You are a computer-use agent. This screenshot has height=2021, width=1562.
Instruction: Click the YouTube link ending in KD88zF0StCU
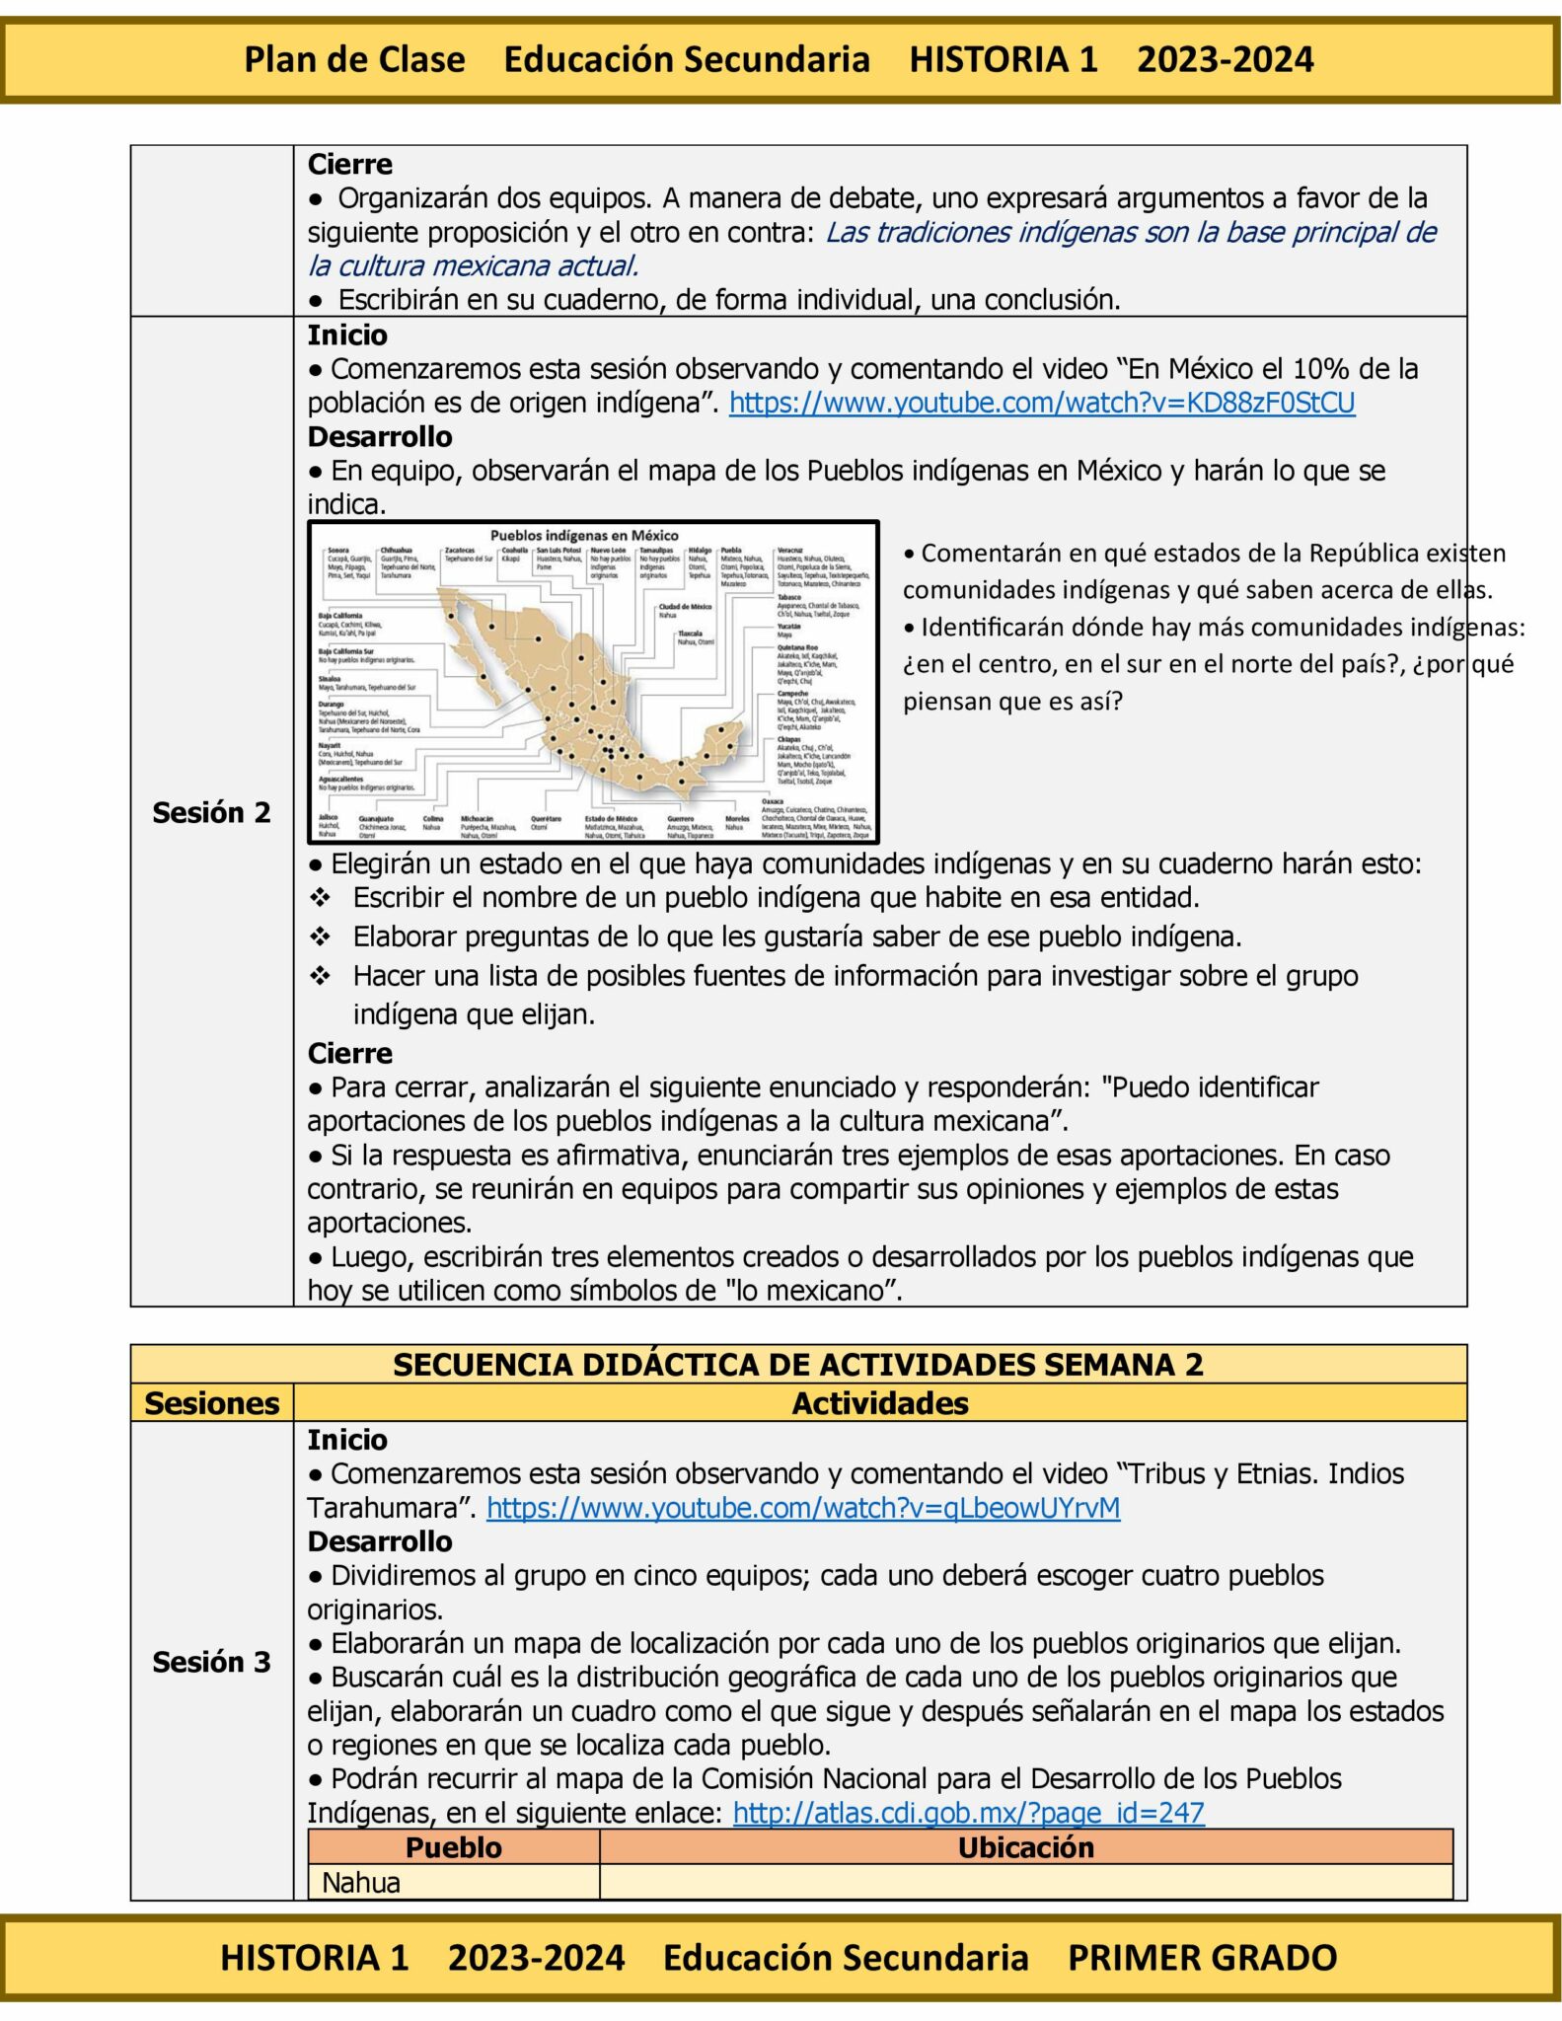coord(1041,403)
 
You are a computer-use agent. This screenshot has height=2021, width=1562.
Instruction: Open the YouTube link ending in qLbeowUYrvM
coord(802,1508)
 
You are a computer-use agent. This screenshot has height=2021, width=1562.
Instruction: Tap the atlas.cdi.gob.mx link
coord(968,1813)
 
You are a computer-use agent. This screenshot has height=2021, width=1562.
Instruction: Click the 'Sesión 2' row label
coord(211,812)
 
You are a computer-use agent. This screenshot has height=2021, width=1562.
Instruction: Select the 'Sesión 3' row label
coord(211,1662)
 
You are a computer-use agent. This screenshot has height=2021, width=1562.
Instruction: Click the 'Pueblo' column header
coord(453,1847)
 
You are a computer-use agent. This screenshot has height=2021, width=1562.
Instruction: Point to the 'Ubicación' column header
coord(1025,1847)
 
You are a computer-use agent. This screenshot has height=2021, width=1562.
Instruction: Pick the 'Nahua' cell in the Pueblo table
coord(361,1883)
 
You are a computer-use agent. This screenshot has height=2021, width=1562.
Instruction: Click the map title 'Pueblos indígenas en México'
coord(584,535)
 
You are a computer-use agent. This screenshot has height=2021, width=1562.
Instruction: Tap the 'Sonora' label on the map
coord(338,550)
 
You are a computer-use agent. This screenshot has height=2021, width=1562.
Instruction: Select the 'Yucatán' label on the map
coord(788,626)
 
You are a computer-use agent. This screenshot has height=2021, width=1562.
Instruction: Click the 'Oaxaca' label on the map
coord(773,801)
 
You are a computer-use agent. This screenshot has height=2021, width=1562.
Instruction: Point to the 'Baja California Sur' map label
coord(345,651)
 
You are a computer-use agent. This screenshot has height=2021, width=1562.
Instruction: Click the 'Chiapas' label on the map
coord(788,738)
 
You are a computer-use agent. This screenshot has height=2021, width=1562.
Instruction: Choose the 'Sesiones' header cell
coord(211,1403)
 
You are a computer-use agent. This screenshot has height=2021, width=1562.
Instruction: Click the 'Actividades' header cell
coord(879,1403)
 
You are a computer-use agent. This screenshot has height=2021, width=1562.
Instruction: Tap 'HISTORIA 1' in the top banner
coord(1003,59)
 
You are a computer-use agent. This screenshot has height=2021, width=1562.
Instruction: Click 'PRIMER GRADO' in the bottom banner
coord(1202,1957)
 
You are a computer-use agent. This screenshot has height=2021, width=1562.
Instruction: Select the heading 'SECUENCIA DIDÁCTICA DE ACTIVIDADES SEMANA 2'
coord(797,1364)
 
